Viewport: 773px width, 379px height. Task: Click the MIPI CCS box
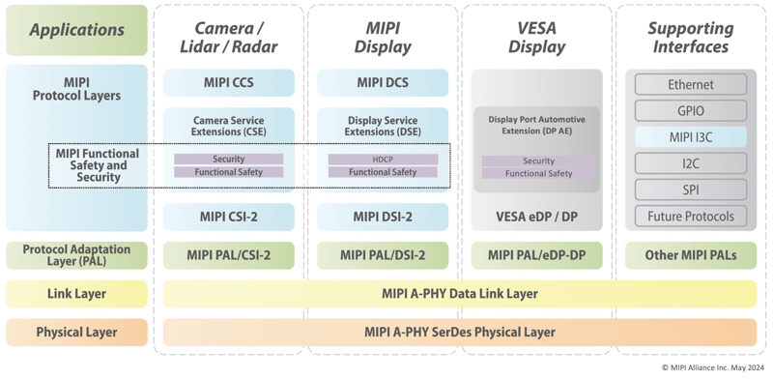pos(228,83)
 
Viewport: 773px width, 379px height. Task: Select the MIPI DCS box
pos(383,83)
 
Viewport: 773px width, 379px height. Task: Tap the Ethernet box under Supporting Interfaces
pos(690,85)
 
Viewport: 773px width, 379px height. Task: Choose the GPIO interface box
pos(690,111)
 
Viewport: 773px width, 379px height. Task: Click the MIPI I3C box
pos(690,137)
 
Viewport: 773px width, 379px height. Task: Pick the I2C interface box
pos(690,163)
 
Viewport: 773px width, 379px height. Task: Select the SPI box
pos(690,189)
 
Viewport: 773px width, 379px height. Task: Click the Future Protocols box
pos(690,217)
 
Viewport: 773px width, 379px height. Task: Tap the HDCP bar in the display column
pos(383,160)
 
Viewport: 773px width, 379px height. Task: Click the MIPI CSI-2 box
pos(228,217)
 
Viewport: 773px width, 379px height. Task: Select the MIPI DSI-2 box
pos(383,217)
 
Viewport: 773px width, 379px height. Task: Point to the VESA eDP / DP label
pos(537,217)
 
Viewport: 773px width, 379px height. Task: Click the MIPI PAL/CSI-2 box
pos(228,255)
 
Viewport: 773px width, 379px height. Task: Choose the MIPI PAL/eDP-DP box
pos(537,255)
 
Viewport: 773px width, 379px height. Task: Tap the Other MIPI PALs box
pos(690,255)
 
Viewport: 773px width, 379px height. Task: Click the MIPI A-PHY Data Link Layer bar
pos(460,294)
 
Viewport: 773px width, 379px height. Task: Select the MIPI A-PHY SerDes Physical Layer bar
pos(460,333)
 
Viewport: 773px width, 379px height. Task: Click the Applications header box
pos(76,30)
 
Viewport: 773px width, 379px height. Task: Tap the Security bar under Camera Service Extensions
pos(228,160)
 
